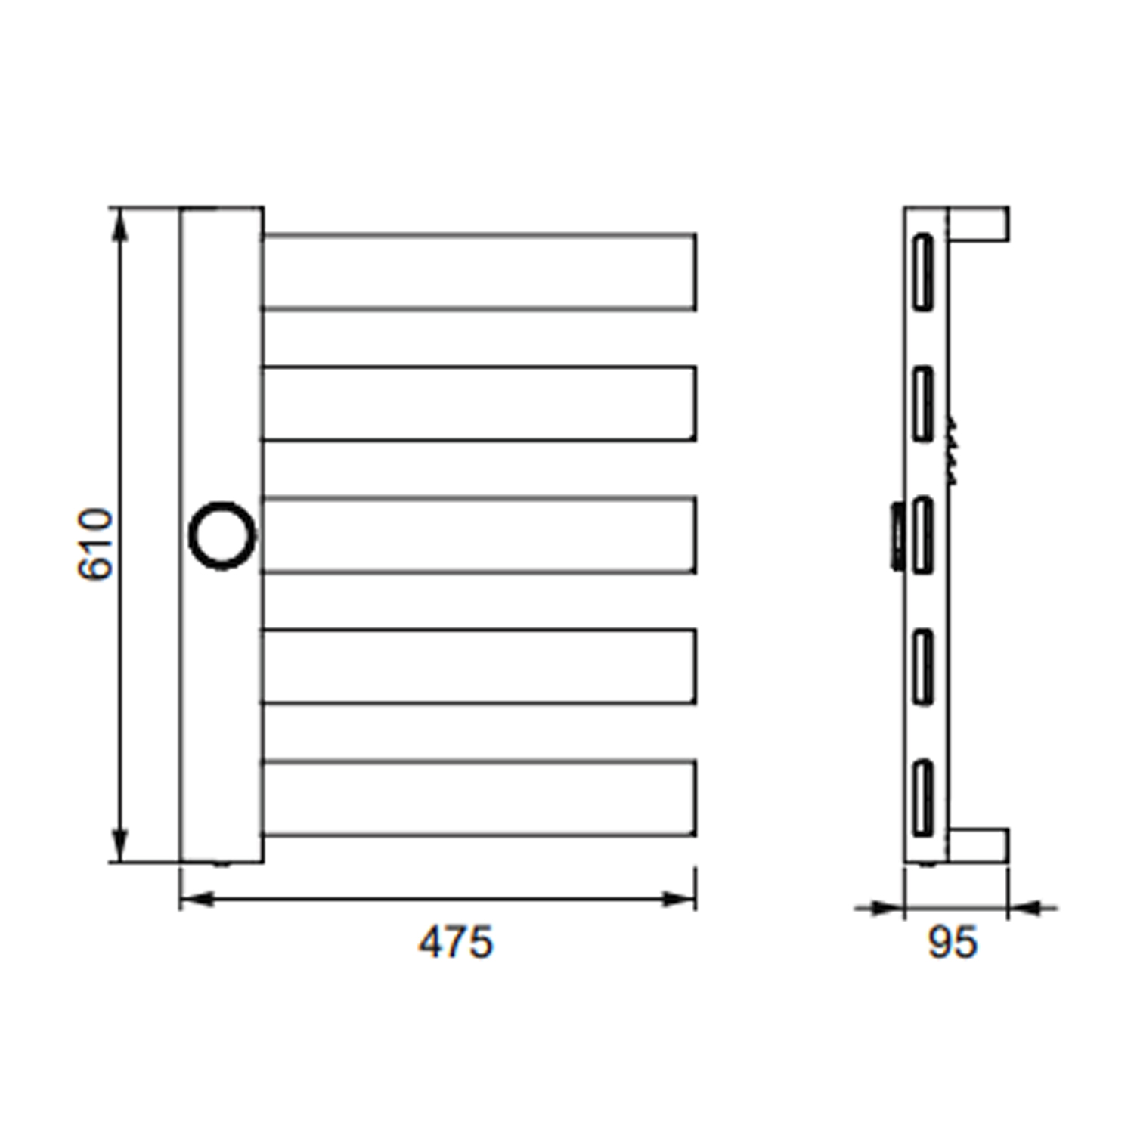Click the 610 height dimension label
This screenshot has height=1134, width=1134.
pos(95,544)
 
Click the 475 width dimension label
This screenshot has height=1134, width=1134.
pos(456,943)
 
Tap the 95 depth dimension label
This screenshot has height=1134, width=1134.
pos(953,943)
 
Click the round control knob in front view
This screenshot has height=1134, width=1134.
pos(222,534)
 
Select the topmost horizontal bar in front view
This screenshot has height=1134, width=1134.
pos(479,271)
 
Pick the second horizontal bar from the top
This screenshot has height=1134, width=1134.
pos(479,403)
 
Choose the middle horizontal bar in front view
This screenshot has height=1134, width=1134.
pos(479,534)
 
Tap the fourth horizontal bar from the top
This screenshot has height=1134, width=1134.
pos(479,666)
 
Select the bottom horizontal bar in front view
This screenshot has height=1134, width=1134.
pos(479,798)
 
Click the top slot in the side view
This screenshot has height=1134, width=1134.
pos(923,271)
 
